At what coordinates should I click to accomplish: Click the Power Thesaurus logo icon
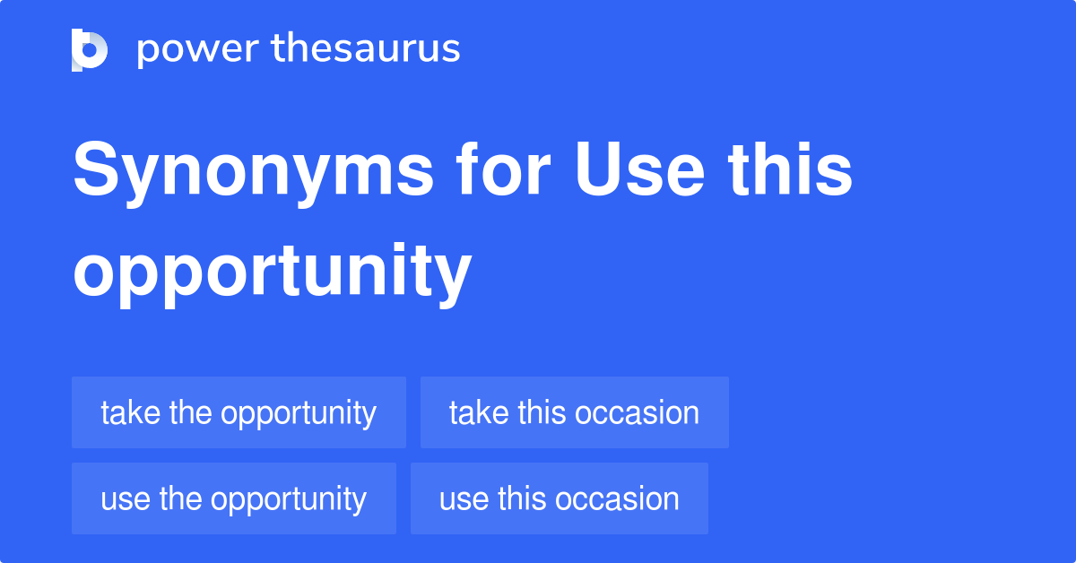[x=90, y=49]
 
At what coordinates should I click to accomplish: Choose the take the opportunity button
[x=239, y=412]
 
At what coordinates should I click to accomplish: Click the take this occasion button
[x=574, y=412]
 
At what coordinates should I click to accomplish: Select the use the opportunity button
[x=233, y=498]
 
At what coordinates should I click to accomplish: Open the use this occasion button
[x=559, y=498]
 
